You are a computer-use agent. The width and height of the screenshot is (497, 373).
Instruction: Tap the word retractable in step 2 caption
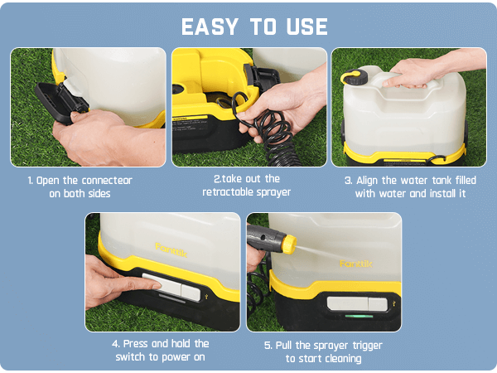(225, 192)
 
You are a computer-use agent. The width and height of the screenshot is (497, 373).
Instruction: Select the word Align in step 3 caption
(373, 180)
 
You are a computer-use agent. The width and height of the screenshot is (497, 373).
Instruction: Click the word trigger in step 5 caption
(364, 344)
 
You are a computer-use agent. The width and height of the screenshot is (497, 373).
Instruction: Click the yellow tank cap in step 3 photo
(355, 78)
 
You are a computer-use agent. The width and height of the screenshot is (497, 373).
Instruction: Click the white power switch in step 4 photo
(171, 288)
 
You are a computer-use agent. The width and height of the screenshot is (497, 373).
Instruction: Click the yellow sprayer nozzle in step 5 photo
(287, 244)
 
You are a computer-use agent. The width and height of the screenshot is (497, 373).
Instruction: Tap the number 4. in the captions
(116, 344)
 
